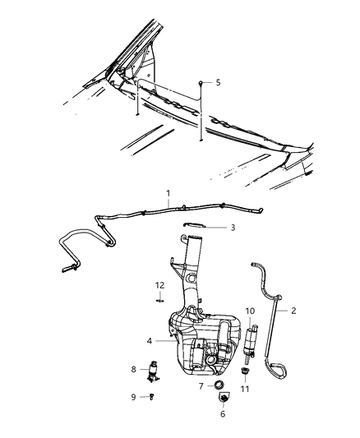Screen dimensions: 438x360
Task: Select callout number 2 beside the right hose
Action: coord(293,311)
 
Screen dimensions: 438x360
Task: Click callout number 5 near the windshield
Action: coord(219,83)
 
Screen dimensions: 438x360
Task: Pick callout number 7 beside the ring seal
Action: coord(201,385)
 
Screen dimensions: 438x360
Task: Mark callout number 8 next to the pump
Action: coord(134,370)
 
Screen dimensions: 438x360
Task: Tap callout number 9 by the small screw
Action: coord(134,398)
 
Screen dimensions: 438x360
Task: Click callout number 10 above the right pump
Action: coord(251,311)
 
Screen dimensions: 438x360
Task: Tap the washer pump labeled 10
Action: coord(251,343)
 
